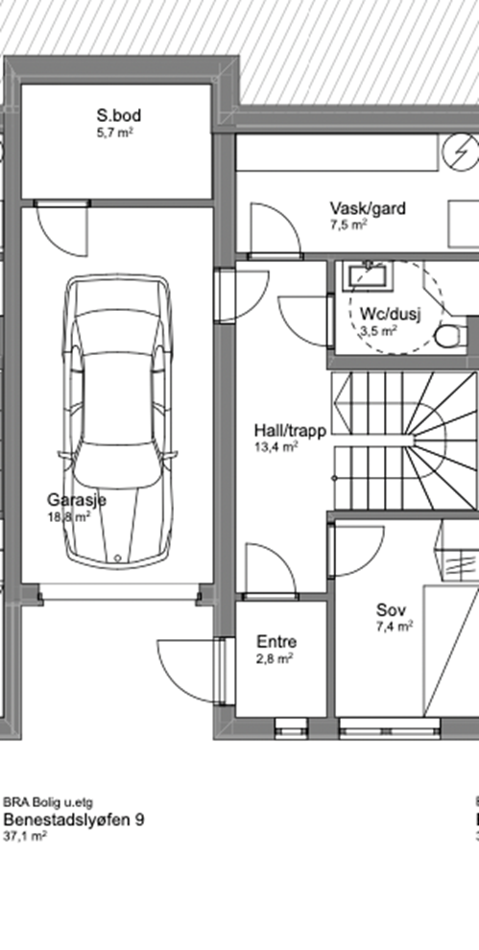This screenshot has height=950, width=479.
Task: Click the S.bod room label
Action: tap(119, 115)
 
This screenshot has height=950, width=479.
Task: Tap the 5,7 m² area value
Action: tap(114, 132)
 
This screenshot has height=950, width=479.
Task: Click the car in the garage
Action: tap(118, 421)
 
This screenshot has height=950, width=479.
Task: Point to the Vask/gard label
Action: tap(368, 208)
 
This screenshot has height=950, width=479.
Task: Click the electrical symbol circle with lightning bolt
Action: tap(460, 151)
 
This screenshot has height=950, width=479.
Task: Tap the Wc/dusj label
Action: tap(391, 314)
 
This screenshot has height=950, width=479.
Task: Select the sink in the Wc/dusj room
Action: tap(369, 275)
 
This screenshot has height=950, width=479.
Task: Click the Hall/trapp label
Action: tap(291, 431)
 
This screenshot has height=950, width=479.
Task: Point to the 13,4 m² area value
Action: tap(275, 448)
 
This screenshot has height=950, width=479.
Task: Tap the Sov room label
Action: tap(391, 610)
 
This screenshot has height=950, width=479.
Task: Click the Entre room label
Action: tap(276, 642)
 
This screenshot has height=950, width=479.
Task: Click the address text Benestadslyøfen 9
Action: tap(74, 820)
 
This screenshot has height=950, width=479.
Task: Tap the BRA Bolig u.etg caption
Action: tap(49, 803)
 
